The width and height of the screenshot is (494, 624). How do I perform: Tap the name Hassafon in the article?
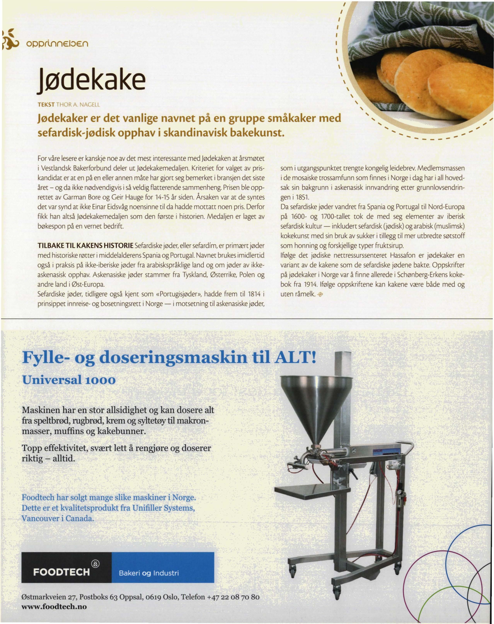(x=402, y=255)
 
